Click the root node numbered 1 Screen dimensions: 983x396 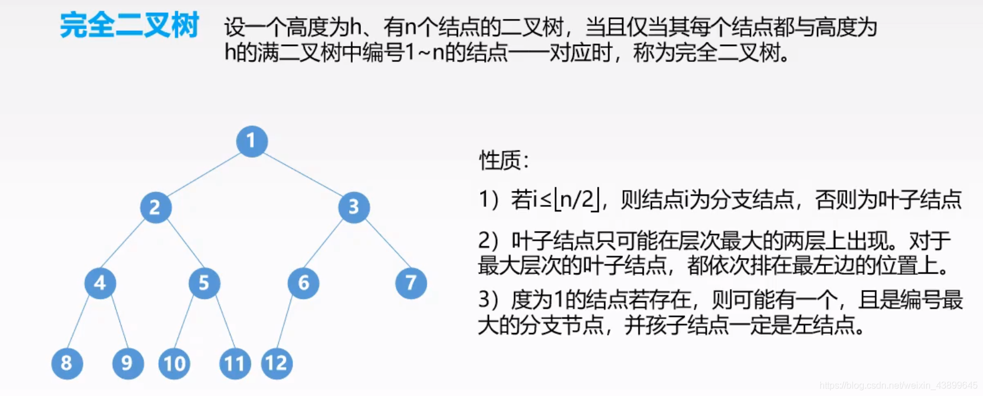pyautogui.click(x=251, y=141)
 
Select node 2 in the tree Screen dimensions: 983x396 pyautogui.click(x=155, y=207)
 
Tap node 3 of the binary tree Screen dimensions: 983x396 pyautogui.click(x=353, y=207)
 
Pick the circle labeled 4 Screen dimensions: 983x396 pyautogui.click(x=100, y=283)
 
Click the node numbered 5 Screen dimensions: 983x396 pyautogui.click(x=204, y=283)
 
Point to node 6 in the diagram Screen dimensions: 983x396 pyautogui.click(x=303, y=283)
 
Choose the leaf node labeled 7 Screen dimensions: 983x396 pyautogui.click(x=411, y=283)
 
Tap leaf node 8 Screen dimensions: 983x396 pyautogui.click(x=67, y=363)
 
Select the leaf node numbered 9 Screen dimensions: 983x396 pyautogui.click(x=127, y=363)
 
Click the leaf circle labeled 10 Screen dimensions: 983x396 pyautogui.click(x=174, y=363)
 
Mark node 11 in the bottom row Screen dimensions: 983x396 pyautogui.click(x=235, y=363)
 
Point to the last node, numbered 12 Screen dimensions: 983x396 pyautogui.click(x=276, y=363)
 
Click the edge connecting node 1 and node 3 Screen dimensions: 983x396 pyautogui.click(x=303, y=174)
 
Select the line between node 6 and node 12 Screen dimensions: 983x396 pyautogui.click(x=285, y=323)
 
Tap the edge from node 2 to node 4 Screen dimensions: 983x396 pyautogui.click(x=123, y=243)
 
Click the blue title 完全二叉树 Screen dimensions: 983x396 pyautogui.click(x=129, y=26)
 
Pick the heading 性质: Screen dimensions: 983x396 pyautogui.click(x=504, y=160)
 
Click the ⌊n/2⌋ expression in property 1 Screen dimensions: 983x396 pyautogui.click(x=576, y=200)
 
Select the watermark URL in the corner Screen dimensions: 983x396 pyautogui.click(x=898, y=386)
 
